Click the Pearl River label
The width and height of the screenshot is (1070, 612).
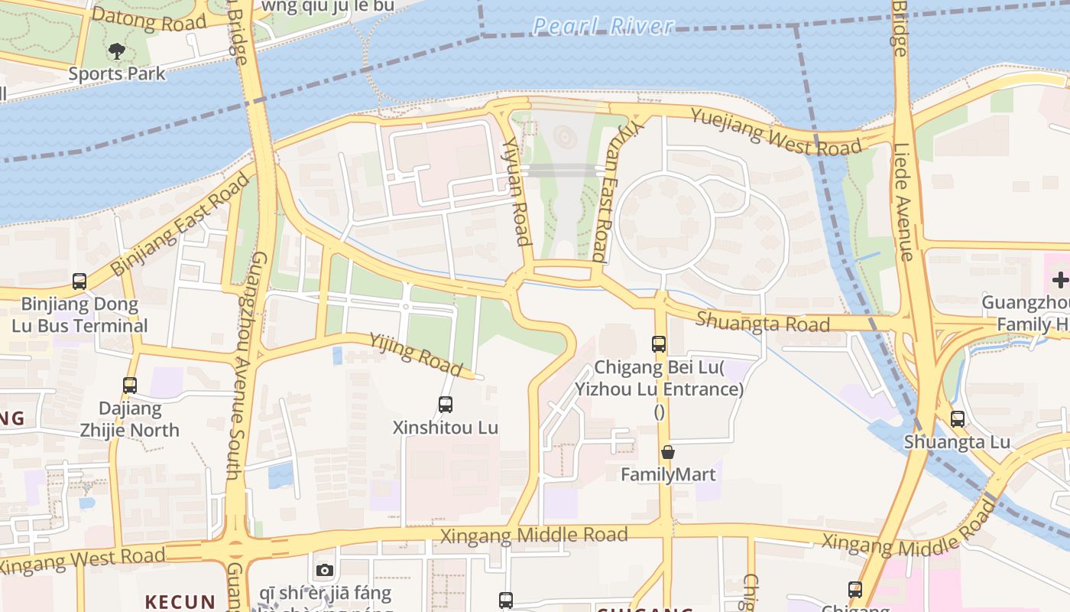click(603, 26)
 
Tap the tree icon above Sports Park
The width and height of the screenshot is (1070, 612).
click(116, 52)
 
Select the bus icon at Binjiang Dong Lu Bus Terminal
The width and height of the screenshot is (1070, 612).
click(79, 281)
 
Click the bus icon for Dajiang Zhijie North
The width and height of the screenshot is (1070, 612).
click(130, 386)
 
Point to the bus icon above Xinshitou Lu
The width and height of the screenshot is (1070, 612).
click(445, 404)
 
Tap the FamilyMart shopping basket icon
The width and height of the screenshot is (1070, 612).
click(668, 452)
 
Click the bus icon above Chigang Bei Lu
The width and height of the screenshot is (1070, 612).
click(659, 344)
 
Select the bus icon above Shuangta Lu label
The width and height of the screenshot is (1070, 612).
click(957, 418)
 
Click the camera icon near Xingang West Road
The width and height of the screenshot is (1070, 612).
click(325, 570)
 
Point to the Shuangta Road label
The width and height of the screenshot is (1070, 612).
click(763, 322)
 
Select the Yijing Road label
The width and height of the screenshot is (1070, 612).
click(417, 354)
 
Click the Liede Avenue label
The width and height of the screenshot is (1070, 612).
click(904, 202)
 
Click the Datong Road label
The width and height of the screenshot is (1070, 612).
click(149, 19)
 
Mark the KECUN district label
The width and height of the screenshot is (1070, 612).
click(180, 602)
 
